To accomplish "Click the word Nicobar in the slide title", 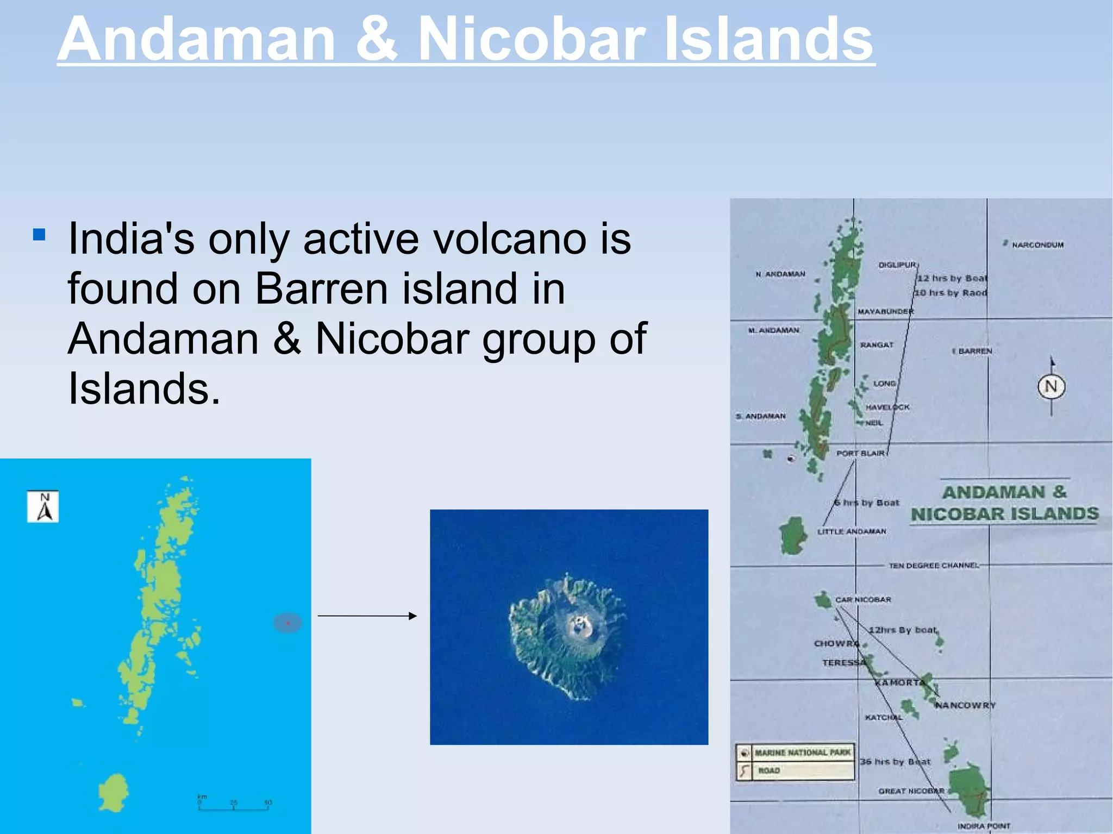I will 532,39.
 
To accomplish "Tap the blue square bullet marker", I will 39,235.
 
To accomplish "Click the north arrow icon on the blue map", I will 43,507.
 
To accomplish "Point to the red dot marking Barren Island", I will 287,623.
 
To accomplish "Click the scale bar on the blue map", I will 233,807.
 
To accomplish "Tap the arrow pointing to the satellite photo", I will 367,616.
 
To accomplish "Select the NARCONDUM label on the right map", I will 1037,245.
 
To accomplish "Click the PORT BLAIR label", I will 860,453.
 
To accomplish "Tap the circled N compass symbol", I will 1051,387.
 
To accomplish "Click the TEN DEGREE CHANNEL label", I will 933,566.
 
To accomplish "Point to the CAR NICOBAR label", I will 863,600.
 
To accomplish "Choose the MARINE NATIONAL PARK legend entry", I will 802,753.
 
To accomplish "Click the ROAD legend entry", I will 768,770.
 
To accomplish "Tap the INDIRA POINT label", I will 984,826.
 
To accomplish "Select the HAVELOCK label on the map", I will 887,407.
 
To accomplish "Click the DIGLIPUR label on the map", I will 897,265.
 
